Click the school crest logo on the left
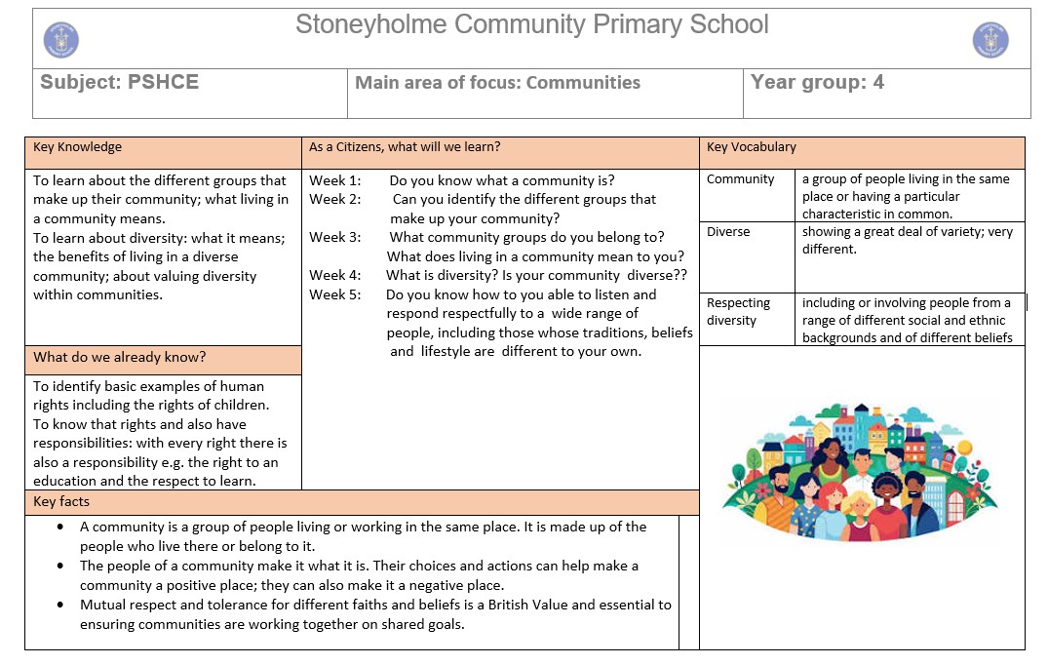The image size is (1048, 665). pos(61,40)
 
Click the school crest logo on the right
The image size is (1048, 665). pos(990,40)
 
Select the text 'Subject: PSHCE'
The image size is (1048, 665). pos(119,83)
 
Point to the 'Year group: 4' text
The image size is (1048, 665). pos(817,83)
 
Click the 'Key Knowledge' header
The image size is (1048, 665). pos(77,147)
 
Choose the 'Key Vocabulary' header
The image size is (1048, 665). pos(751,147)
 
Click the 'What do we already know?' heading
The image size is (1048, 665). pos(119,358)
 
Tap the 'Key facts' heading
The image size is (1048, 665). pos(61,501)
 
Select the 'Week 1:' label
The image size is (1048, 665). pos(334,180)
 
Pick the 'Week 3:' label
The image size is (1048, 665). pos(334,237)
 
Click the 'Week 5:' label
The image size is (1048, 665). pos(334,294)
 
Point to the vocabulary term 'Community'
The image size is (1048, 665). pos(740,179)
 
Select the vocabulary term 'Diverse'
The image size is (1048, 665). pos(728,232)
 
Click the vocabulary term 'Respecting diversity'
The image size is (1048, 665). pos(738,312)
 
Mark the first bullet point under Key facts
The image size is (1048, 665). pos(60,527)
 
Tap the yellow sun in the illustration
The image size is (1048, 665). pos(964,447)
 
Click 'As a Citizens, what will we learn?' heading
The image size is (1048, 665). pos(405,147)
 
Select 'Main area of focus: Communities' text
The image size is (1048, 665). pos(497,83)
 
